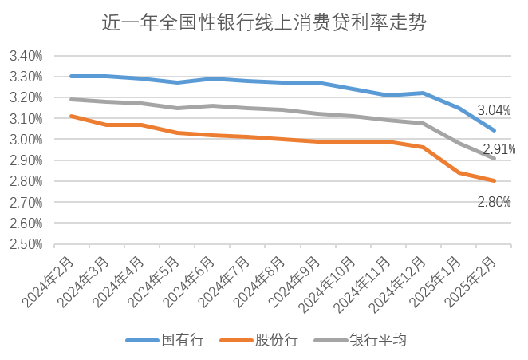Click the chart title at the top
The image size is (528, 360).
click(x=264, y=23)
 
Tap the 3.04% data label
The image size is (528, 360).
click(x=494, y=110)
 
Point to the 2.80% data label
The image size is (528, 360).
click(x=494, y=202)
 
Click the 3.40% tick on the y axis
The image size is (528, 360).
click(x=26, y=57)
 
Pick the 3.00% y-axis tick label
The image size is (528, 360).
click(x=26, y=140)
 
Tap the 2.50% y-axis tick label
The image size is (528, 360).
click(x=26, y=244)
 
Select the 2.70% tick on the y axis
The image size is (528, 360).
click(x=26, y=203)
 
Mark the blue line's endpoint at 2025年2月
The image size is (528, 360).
click(x=495, y=130)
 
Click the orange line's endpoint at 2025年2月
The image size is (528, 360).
click(x=495, y=180)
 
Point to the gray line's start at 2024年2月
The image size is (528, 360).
click(x=72, y=99)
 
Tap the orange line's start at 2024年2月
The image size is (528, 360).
click(x=72, y=116)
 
